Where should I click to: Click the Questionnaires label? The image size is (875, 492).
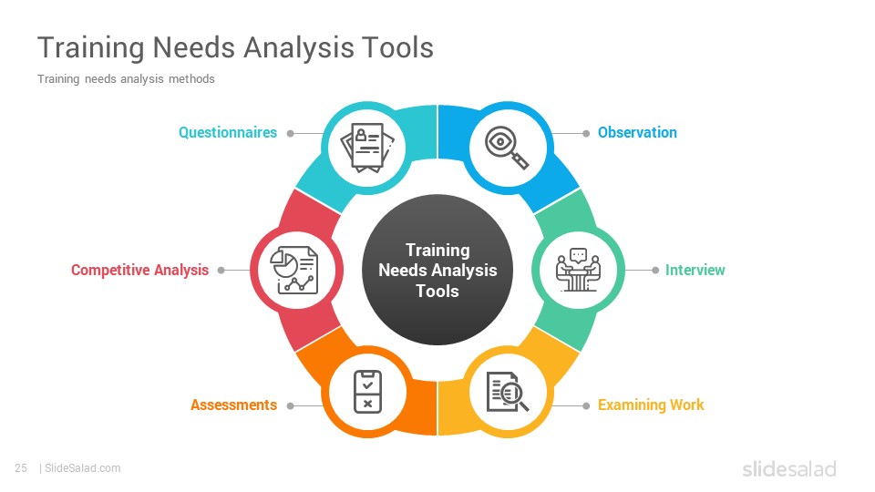click(x=228, y=133)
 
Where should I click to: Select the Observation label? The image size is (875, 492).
click(x=637, y=133)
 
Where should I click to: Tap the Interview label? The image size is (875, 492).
click(x=695, y=270)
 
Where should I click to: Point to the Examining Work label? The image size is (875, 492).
click(x=651, y=405)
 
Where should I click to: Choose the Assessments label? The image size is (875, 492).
click(x=233, y=405)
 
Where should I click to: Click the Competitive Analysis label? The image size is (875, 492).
click(x=139, y=270)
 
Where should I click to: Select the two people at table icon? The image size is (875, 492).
click(x=577, y=270)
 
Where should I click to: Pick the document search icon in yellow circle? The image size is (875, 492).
click(x=508, y=392)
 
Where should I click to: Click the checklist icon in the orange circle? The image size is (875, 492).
click(x=367, y=392)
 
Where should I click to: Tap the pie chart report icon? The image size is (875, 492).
click(x=293, y=270)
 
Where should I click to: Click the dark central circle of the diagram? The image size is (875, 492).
click(x=437, y=270)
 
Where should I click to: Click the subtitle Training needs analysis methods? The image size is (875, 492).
click(x=126, y=79)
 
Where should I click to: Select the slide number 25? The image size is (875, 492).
click(x=21, y=468)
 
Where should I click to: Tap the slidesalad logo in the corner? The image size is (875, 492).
click(x=788, y=469)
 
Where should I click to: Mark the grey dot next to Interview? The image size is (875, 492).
click(x=654, y=270)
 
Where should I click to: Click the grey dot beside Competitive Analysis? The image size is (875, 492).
click(x=221, y=270)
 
